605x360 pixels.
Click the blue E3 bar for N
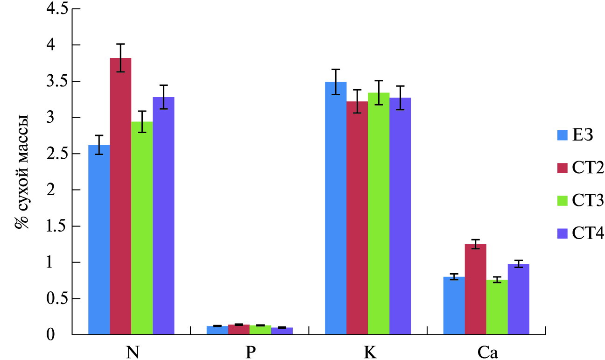[99, 240]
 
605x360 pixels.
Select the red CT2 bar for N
[120, 196]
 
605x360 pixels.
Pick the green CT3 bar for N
[142, 229]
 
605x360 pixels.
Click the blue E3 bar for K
[336, 208]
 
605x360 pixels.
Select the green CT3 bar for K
[379, 214]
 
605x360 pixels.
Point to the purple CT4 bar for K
[400, 216]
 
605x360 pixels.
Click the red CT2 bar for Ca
[476, 289]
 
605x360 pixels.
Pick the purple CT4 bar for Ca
[518, 299]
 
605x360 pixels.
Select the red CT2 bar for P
[239, 330]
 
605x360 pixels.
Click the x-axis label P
[250, 353]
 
